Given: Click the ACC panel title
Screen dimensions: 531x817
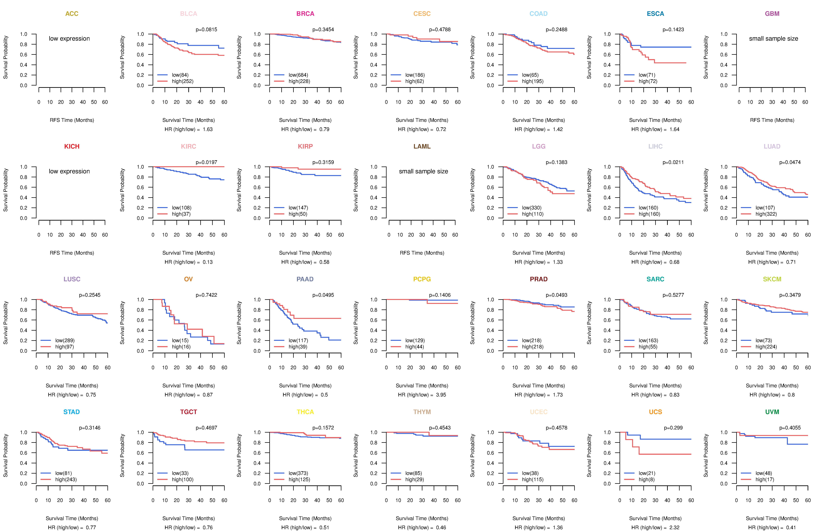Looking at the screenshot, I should coord(72,14).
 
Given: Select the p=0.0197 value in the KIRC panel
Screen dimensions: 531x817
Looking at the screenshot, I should coord(206,162).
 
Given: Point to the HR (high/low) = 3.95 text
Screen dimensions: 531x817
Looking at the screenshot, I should coord(422,395).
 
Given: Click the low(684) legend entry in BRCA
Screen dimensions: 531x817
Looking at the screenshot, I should coord(298,75).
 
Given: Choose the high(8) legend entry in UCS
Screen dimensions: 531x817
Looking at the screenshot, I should coord(646,480).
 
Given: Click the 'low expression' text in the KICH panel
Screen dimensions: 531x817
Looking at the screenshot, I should coord(69,171).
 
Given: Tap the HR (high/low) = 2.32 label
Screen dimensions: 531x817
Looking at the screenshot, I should coord(655,528).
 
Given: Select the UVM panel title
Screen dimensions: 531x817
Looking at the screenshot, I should coord(772,412).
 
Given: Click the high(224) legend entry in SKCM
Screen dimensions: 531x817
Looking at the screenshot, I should coord(766,347).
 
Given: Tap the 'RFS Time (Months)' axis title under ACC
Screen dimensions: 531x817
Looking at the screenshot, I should coord(72,120).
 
